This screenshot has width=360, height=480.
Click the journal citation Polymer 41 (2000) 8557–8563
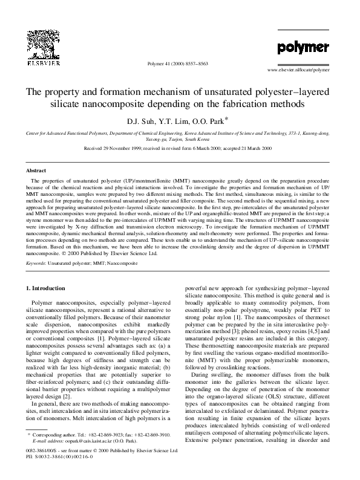point(180,62)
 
